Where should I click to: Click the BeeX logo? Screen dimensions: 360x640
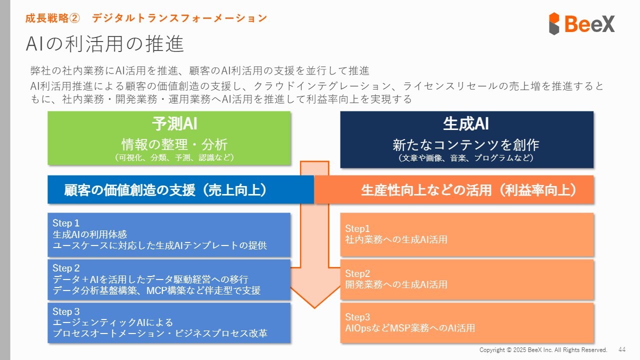coord(581,23)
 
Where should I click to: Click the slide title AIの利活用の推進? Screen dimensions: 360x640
coord(105,44)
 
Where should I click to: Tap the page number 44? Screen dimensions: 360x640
coord(622,349)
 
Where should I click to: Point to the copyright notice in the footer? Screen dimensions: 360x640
coord(543,349)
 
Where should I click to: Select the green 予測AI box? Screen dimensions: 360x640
coord(169,137)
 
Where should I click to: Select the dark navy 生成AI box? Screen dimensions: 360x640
coord(466,139)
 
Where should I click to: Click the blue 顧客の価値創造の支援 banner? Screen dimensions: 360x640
coord(165,190)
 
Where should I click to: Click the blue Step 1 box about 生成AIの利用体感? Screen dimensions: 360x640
coord(169,234)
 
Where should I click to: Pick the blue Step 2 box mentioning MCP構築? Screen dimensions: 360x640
coord(169,279)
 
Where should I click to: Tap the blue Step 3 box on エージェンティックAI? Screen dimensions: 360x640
coord(169,322)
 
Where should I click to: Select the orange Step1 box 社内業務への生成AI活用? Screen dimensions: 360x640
coord(466,234)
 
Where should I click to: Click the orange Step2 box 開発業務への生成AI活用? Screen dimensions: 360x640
coord(466,279)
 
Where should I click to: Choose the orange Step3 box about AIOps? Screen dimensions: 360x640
coord(466,322)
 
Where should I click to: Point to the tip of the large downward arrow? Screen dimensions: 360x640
coord(314,306)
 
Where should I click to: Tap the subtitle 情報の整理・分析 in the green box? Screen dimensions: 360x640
coord(174,145)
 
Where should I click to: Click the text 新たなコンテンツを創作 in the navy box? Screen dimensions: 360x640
coord(465,145)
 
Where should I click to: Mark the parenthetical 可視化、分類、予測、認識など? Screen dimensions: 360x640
coord(174,157)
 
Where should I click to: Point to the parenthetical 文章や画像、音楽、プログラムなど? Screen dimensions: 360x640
coord(465,158)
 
